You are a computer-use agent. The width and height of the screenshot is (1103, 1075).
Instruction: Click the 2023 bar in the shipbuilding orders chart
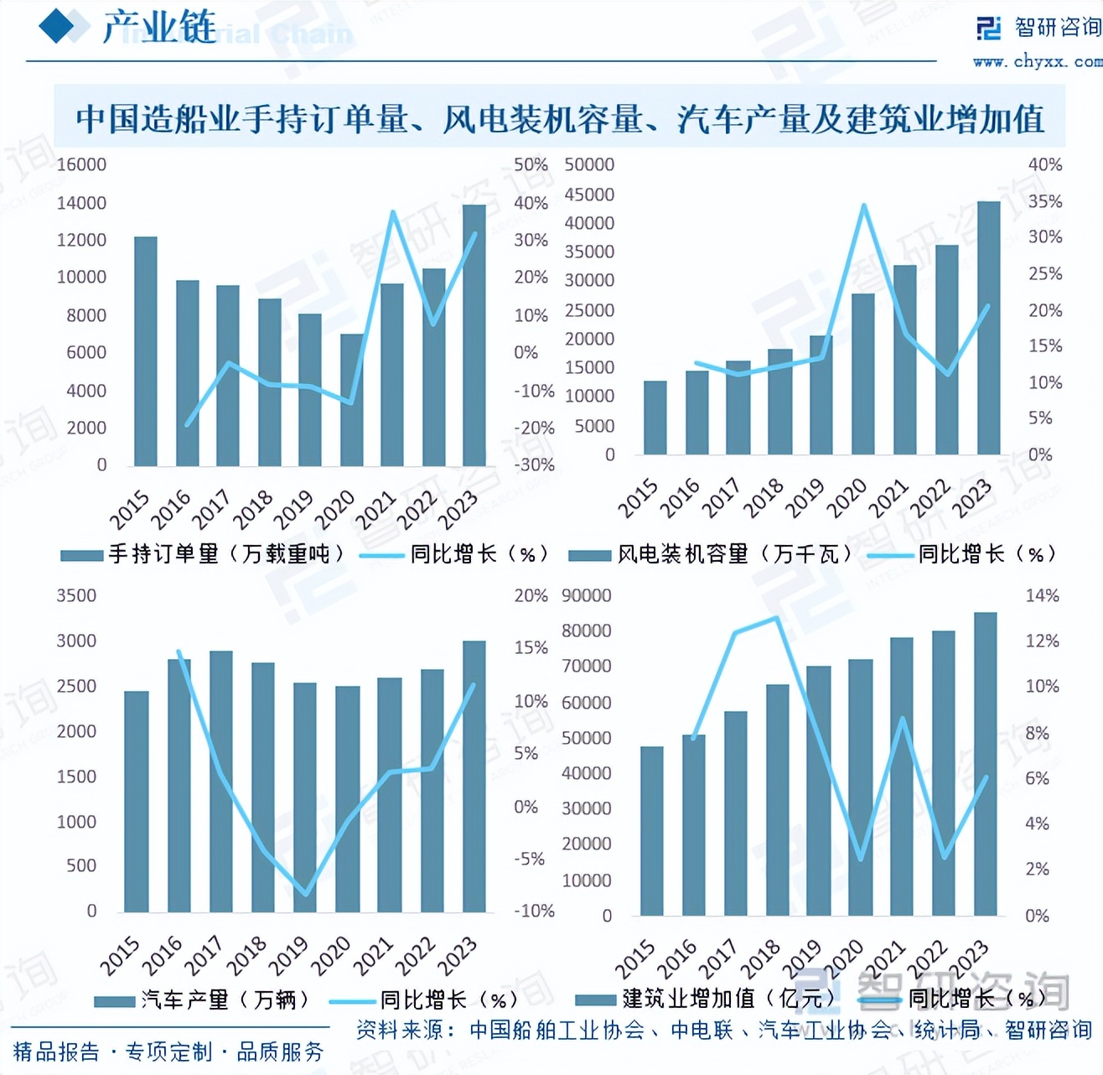coord(474,335)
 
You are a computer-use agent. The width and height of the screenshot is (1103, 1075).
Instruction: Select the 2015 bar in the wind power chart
coord(655,418)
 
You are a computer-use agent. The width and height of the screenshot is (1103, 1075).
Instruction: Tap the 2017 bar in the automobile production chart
coord(221,782)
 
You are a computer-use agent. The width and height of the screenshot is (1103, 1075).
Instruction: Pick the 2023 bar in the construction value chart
coord(985,763)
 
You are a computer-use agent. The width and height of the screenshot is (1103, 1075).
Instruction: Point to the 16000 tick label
coord(81,165)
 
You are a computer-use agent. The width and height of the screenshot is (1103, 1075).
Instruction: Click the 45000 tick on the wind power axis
coord(589,195)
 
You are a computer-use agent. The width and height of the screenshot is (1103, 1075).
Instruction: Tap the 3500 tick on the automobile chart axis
coord(76,596)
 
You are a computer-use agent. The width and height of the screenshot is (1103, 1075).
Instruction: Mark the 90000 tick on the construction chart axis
coord(586,596)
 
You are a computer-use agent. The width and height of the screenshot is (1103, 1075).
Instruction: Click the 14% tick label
coord(1042,596)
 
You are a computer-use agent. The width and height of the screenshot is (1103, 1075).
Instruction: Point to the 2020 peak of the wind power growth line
coord(863,205)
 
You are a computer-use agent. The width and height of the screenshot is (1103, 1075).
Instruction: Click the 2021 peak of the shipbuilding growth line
coord(393,212)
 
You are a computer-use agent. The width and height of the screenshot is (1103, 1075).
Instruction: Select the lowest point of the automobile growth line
coord(305,894)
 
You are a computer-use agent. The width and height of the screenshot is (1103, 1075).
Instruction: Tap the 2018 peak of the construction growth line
coord(776,618)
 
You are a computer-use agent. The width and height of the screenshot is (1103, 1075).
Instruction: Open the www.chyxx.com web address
coord(1037,61)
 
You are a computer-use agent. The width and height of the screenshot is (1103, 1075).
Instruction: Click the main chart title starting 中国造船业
coord(559,118)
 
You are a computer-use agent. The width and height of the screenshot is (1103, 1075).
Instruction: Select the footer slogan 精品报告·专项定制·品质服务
coord(168,1052)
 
